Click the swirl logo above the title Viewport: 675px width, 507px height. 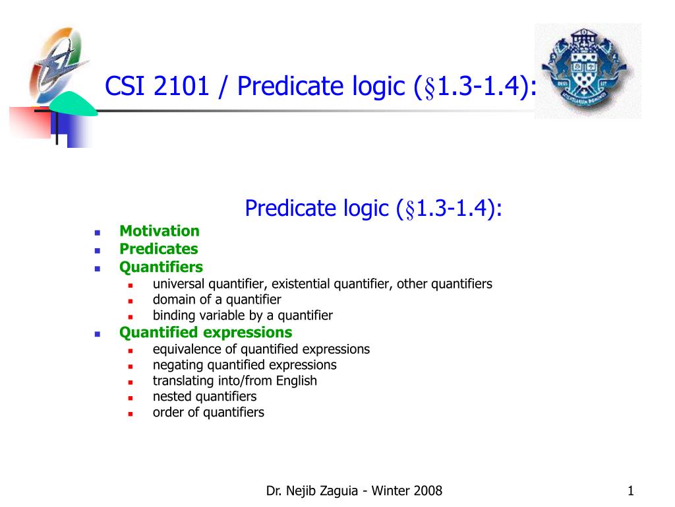pos(59,65)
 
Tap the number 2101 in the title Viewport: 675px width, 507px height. pos(181,86)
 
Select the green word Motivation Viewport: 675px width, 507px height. pos(160,231)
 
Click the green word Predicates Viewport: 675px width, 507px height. pos(159,249)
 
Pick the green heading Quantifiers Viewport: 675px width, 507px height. pos(161,267)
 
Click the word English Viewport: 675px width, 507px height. pos(297,381)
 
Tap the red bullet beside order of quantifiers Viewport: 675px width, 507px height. pos(131,414)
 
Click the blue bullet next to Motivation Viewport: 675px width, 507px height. pos(98,233)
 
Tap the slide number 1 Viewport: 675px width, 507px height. pos(631,490)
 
